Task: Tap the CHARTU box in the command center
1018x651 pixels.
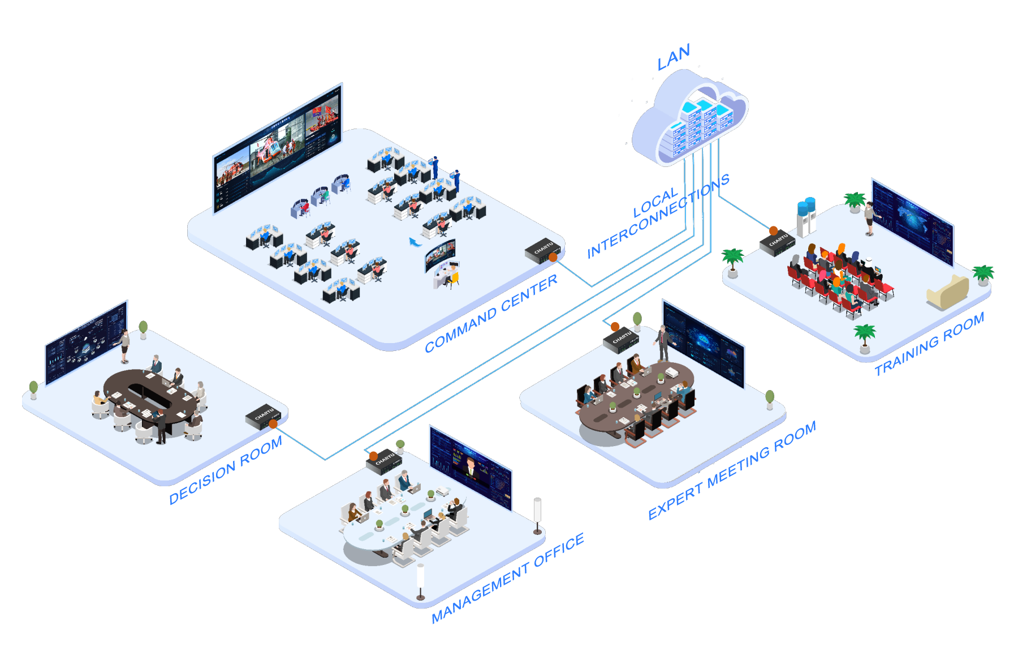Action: click(x=542, y=250)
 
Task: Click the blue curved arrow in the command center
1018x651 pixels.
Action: click(x=415, y=242)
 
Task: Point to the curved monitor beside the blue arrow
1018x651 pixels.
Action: click(x=440, y=255)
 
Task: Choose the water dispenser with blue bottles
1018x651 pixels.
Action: click(x=806, y=217)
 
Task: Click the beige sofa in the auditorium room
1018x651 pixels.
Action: click(x=947, y=292)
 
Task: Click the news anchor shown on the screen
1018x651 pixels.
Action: click(x=470, y=469)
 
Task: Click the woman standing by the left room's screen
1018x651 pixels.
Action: click(x=124, y=345)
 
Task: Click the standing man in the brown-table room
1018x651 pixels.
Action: click(x=663, y=343)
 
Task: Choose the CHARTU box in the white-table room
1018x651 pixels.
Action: click(x=385, y=462)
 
